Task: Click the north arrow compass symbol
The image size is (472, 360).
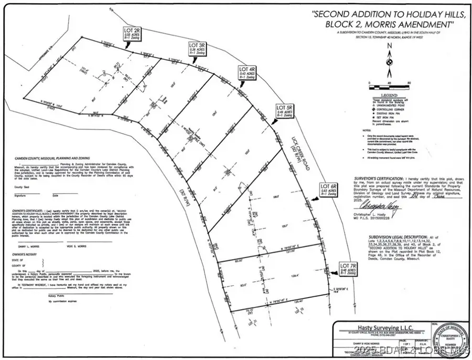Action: tap(389, 62)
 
